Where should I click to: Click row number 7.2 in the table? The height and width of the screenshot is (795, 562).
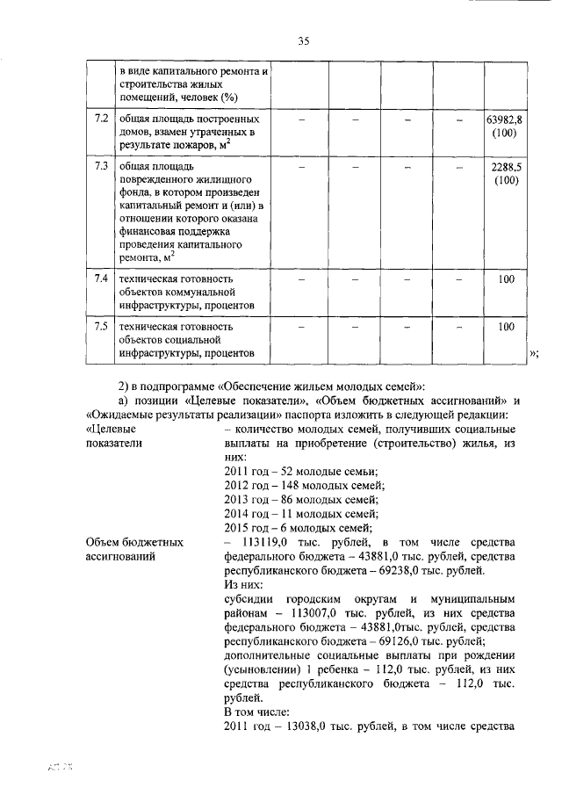pyautogui.click(x=101, y=118)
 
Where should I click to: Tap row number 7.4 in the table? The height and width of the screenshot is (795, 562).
pyautogui.click(x=101, y=278)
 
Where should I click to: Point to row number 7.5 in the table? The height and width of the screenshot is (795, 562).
pyautogui.click(x=101, y=326)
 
